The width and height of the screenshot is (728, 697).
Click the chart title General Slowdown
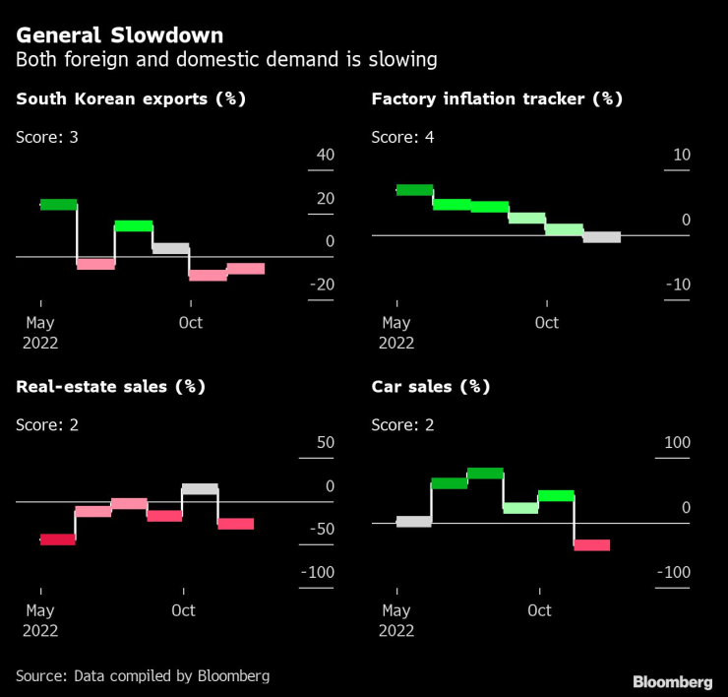coord(119,35)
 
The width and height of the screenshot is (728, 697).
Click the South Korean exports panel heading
coord(131,98)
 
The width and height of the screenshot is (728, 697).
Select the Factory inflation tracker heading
coord(497,98)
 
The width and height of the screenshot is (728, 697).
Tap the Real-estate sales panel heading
coord(110,386)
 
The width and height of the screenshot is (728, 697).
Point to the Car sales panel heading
coord(430,386)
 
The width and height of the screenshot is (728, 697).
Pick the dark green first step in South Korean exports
coord(58,204)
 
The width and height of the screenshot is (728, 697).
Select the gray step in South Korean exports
coord(170,248)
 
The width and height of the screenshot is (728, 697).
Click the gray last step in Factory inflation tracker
coord(601,236)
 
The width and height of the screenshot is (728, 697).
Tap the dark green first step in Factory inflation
coord(414,189)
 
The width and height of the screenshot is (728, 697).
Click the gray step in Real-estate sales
coord(200,488)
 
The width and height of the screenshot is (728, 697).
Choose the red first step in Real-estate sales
coord(57,539)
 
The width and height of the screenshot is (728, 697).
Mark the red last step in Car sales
coord(591,544)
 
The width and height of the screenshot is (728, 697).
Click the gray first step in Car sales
coord(413,521)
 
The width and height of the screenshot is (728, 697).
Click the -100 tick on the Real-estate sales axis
coord(316,573)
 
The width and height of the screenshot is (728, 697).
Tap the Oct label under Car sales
coord(539,610)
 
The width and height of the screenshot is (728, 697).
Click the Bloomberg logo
coord(672,681)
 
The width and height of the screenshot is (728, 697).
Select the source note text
coord(143,675)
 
